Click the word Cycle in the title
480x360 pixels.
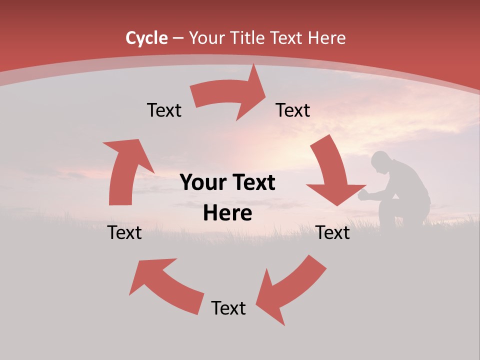tap(146, 38)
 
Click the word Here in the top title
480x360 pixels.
tap(327, 38)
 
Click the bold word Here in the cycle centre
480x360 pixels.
tap(227, 213)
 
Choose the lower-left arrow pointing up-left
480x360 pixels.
tap(165, 285)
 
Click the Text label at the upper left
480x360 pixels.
tap(164, 110)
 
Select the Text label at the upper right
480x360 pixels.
tap(293, 110)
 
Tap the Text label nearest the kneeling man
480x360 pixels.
tap(333, 232)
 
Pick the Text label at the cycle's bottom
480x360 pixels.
tap(228, 308)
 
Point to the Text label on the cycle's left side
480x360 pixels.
tap(124, 232)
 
